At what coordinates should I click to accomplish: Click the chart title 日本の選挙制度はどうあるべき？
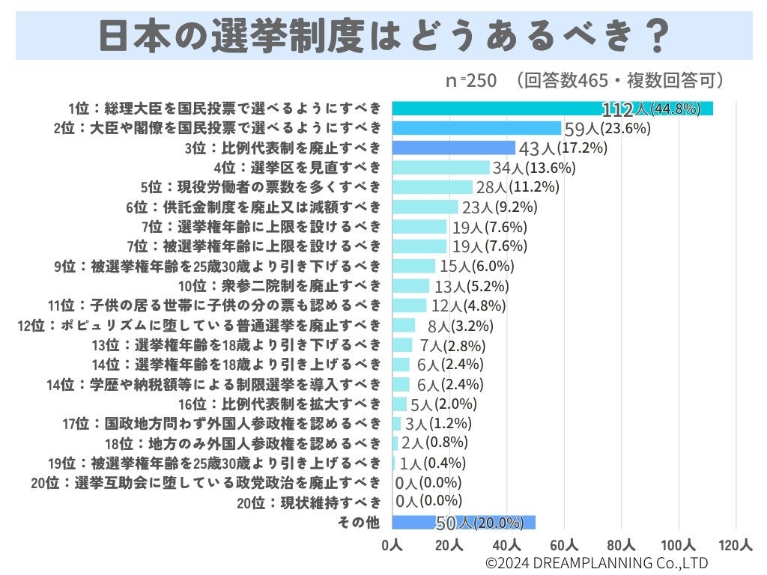click(383, 34)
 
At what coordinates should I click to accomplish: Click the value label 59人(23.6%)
click(607, 128)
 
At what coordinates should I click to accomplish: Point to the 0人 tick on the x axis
click(391, 546)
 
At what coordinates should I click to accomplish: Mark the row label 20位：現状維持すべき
click(309, 502)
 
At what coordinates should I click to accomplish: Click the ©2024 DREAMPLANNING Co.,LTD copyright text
click(596, 563)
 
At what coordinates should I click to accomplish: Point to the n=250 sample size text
click(471, 81)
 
